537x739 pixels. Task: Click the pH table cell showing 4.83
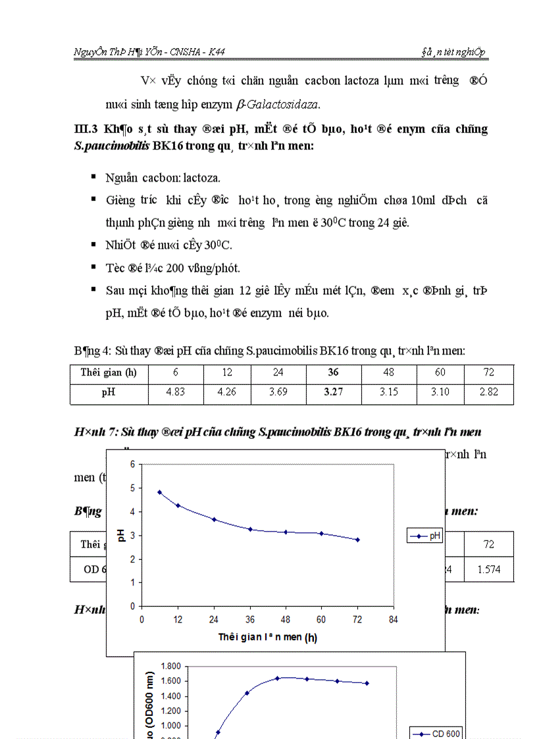pyautogui.click(x=176, y=394)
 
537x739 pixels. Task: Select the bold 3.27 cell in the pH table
pyautogui.click(x=333, y=394)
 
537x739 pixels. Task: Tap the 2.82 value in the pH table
pyautogui.click(x=489, y=394)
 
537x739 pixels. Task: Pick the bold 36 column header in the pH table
pyautogui.click(x=333, y=372)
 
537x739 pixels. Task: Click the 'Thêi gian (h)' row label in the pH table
pyautogui.click(x=109, y=372)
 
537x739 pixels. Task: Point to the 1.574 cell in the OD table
pyautogui.click(x=489, y=569)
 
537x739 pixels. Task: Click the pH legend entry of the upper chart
pyautogui.click(x=426, y=536)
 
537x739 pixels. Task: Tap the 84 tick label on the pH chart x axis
pyautogui.click(x=393, y=619)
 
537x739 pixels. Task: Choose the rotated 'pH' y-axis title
pyautogui.click(x=120, y=535)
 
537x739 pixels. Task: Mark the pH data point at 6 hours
pyautogui.click(x=159, y=492)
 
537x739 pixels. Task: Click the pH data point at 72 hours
pyautogui.click(x=357, y=540)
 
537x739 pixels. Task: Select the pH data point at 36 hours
pyautogui.click(x=250, y=529)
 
